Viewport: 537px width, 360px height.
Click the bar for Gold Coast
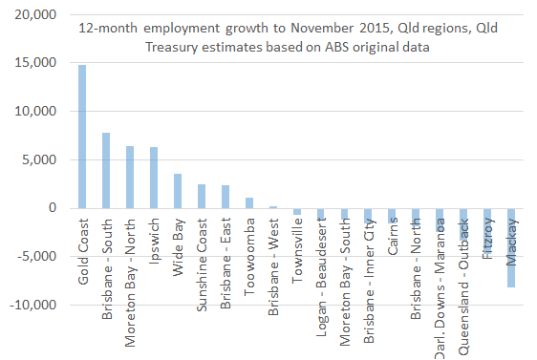point(82,137)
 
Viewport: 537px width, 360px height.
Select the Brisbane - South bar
point(106,170)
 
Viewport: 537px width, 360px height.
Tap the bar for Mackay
point(512,247)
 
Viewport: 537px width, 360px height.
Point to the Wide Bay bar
point(178,191)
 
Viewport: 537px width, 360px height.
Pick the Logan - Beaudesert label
point(321,264)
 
